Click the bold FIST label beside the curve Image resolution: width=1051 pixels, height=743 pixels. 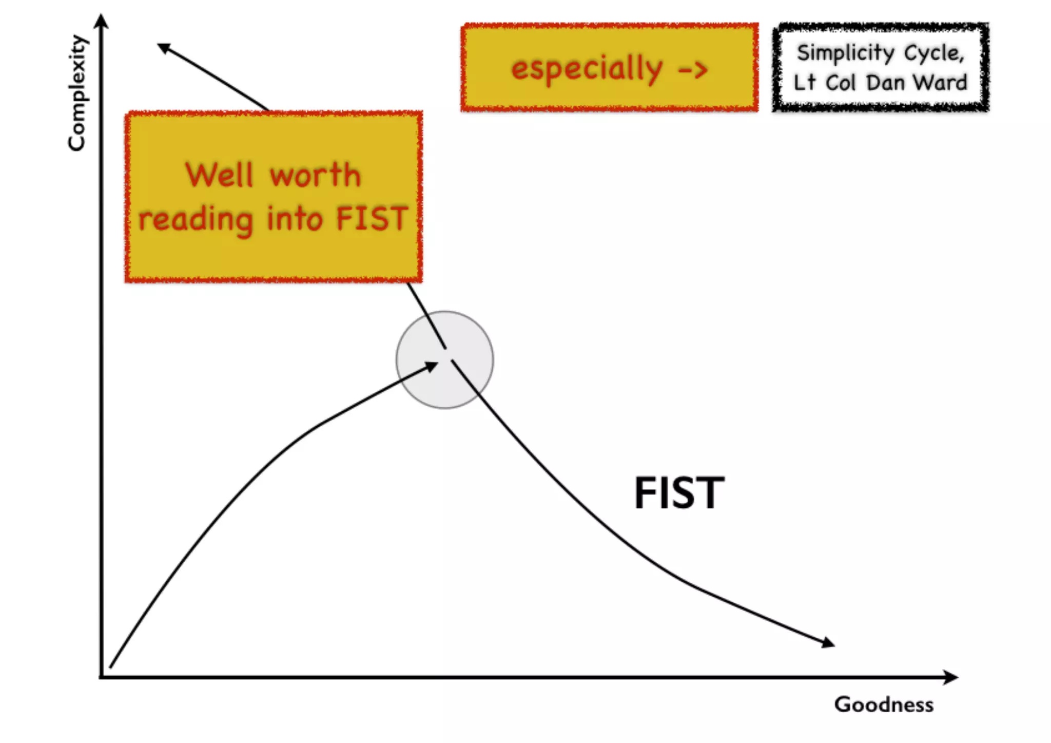[679, 493]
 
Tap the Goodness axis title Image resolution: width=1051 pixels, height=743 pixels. [884, 704]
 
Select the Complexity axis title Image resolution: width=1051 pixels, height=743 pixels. [77, 93]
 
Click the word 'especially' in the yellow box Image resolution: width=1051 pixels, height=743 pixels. [587, 69]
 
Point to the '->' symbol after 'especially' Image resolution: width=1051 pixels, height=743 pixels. [693, 70]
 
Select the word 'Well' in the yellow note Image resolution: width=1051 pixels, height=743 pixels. [220, 175]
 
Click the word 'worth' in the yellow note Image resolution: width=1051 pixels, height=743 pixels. [316, 175]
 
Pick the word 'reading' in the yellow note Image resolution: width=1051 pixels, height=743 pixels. [196, 220]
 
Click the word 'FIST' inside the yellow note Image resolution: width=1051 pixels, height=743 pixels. [372, 219]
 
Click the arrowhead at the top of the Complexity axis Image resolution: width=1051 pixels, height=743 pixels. [102, 21]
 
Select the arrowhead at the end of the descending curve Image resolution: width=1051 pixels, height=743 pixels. [828, 642]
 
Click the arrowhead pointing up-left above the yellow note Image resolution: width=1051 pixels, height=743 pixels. [164, 48]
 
